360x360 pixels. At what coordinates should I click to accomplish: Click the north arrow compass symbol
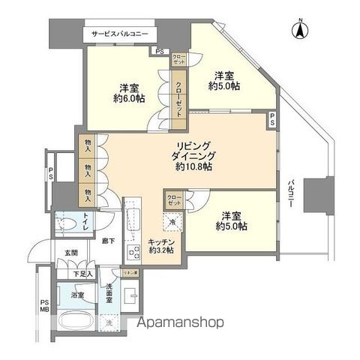coord(299,31)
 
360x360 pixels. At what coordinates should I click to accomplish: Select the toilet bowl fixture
coord(67,223)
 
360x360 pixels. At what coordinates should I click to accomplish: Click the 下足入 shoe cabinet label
coord(82,274)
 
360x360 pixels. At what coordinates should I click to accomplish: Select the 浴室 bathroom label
coord(78,295)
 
